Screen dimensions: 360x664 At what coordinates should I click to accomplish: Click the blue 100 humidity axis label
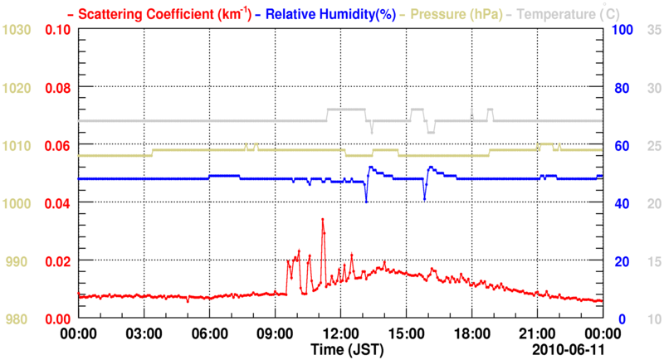tap(622, 30)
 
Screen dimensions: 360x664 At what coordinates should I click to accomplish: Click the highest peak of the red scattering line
tap(322, 219)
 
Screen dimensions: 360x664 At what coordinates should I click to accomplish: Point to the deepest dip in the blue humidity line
tap(366, 202)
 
